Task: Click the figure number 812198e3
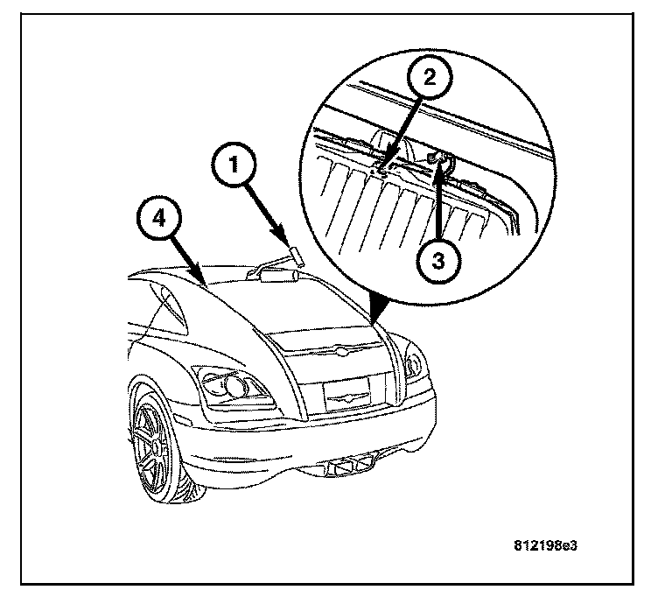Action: (x=545, y=544)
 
